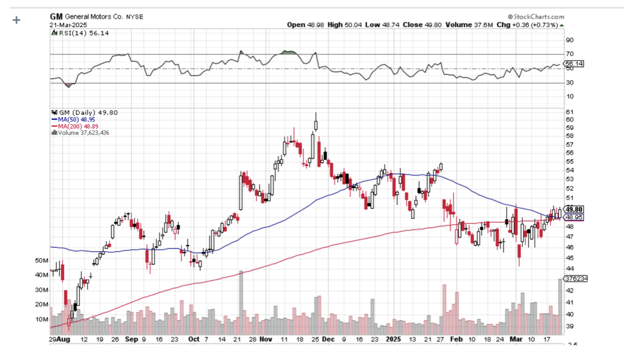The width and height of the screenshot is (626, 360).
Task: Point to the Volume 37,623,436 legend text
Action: pos(83,132)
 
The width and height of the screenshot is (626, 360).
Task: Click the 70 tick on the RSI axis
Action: pos(569,54)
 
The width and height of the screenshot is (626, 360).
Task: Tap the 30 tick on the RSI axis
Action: pos(569,82)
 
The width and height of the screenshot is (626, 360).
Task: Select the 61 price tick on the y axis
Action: pos(569,112)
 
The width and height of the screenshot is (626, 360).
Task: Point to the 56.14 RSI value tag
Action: pos(574,64)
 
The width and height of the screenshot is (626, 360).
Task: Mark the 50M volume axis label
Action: pos(42,261)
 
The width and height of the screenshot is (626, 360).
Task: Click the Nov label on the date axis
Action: pos(266,339)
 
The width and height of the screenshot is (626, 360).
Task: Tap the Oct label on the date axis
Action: pos(194,339)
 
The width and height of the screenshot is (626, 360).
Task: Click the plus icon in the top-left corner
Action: pos(17,20)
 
